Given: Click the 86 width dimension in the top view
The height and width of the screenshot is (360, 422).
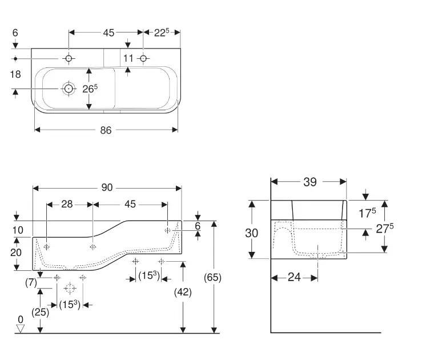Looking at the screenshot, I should point(106,130).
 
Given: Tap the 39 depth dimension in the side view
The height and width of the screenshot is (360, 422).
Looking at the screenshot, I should point(310,182).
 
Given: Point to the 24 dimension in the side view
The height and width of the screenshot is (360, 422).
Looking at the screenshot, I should point(294,277).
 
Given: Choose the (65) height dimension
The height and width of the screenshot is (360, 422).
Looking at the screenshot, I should point(212,278).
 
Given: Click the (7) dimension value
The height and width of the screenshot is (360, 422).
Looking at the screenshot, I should point(31,282).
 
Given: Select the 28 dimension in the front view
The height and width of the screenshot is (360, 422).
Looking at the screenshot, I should point(67,204).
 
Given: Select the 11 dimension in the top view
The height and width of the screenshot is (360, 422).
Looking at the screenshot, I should point(128,58).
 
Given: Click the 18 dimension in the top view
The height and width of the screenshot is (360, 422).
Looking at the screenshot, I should point(16,74).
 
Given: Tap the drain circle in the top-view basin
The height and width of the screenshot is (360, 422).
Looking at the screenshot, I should point(69,89).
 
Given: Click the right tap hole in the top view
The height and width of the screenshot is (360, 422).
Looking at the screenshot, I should point(143,58).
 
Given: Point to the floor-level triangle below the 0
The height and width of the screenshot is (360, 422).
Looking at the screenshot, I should point(21,329).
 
